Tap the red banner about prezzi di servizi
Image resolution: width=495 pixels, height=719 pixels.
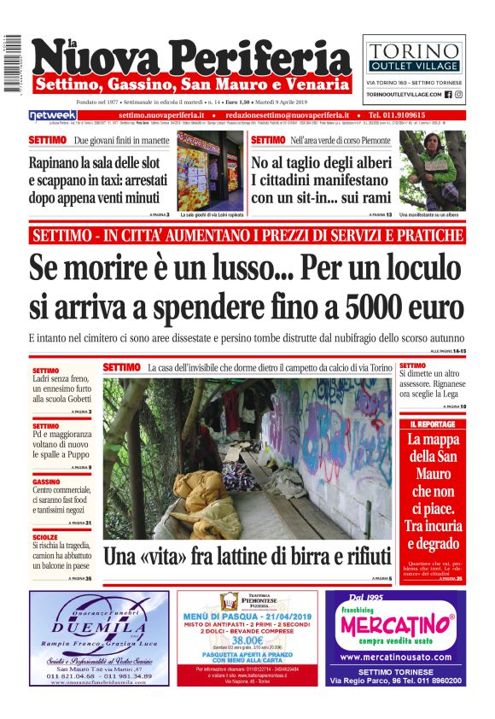click(x=247, y=235)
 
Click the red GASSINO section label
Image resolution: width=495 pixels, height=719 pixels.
click(x=46, y=481)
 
